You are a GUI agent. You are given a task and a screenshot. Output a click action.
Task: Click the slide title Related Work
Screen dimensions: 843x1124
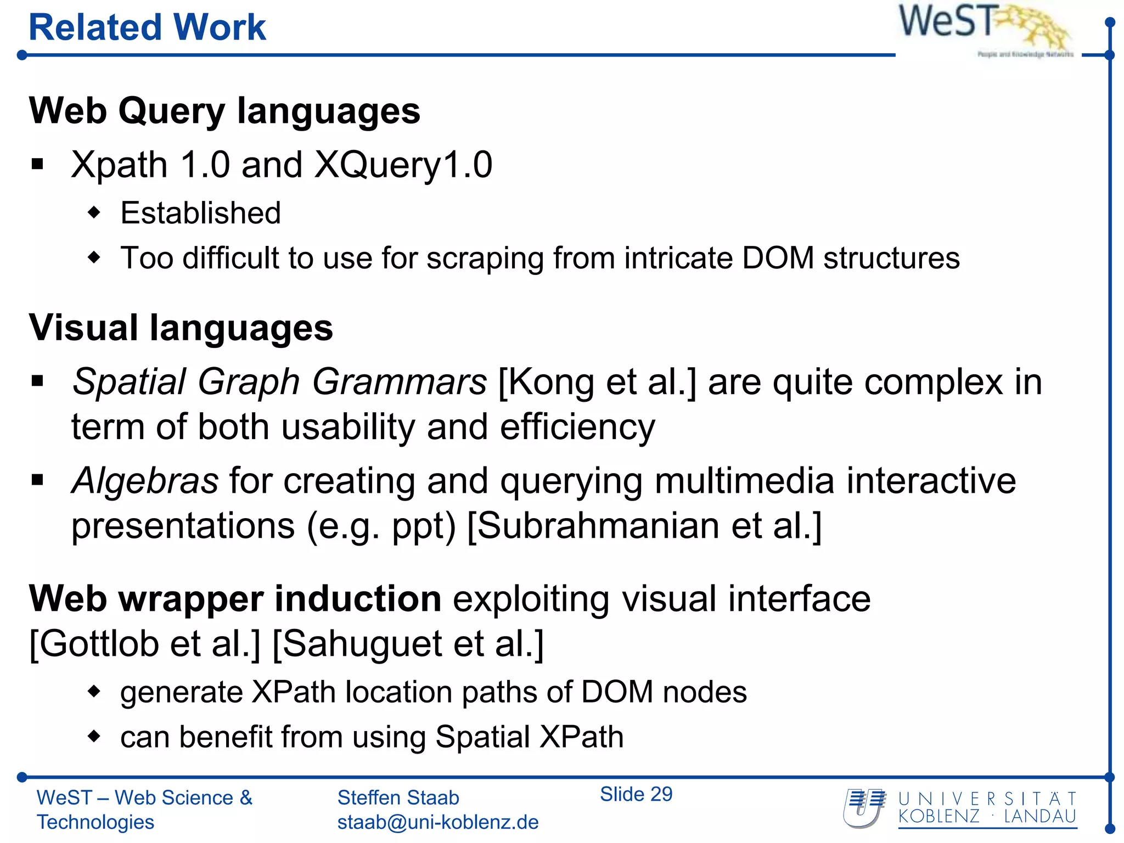(147, 27)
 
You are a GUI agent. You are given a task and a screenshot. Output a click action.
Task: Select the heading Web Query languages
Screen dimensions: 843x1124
(224, 111)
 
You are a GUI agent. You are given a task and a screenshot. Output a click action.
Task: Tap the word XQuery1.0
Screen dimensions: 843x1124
(403, 165)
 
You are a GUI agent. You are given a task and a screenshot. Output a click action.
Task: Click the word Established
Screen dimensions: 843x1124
(200, 213)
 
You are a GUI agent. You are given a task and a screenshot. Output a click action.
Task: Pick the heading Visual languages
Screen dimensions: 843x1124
(181, 328)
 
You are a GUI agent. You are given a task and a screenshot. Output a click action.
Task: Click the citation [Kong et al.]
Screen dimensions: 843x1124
(597, 382)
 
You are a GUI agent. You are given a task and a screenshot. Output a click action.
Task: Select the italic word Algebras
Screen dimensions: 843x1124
(145, 481)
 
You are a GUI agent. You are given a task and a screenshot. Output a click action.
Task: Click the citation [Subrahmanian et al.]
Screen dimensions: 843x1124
(644, 526)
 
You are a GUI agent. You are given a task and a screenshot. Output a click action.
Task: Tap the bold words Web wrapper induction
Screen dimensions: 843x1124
(235, 598)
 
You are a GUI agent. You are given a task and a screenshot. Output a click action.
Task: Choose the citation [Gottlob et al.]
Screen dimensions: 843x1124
(145, 643)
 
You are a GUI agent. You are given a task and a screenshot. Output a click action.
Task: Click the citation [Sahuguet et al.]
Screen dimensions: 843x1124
(408, 643)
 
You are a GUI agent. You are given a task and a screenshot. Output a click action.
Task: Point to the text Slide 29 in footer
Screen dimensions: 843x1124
(636, 794)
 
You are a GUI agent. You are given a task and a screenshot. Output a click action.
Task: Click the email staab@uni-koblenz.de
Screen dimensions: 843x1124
(437, 822)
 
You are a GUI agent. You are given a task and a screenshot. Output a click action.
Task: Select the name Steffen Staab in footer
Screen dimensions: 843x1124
(398, 797)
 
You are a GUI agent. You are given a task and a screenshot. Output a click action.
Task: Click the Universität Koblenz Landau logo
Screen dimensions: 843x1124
(960, 808)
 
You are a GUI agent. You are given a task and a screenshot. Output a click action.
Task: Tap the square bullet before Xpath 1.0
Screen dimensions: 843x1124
(37, 164)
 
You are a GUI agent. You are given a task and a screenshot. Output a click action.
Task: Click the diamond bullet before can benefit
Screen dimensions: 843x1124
(94, 736)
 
